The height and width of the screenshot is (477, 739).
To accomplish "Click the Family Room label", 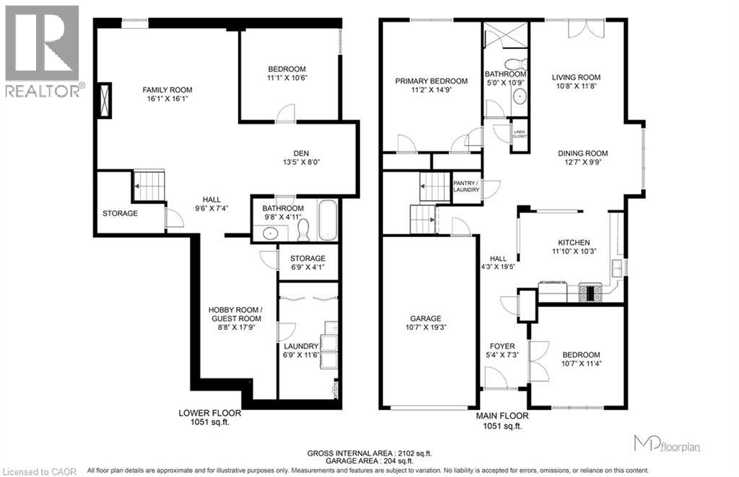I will tap(167, 90).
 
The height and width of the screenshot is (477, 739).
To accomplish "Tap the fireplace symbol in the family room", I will tap(105, 99).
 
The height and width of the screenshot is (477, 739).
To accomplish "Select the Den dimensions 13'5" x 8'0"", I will tap(302, 162).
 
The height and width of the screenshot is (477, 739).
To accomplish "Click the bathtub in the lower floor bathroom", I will tap(326, 221).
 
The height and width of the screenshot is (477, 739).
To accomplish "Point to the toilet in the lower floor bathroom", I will tap(303, 229).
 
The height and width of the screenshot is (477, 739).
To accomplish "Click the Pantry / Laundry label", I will tap(466, 186).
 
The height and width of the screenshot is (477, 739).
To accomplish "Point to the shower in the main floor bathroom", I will tap(504, 36).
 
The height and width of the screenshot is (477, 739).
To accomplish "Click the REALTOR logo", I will tap(42, 50).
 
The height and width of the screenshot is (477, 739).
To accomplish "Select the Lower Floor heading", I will tap(209, 414).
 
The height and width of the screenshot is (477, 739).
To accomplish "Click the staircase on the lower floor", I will tap(149, 184).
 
